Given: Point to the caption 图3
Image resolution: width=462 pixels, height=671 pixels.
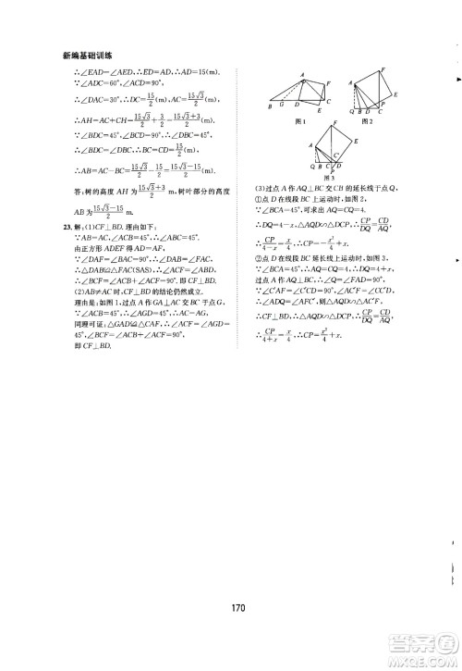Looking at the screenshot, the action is point(326,177).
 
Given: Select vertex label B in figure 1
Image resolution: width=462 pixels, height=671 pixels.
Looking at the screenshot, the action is point(269,107).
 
